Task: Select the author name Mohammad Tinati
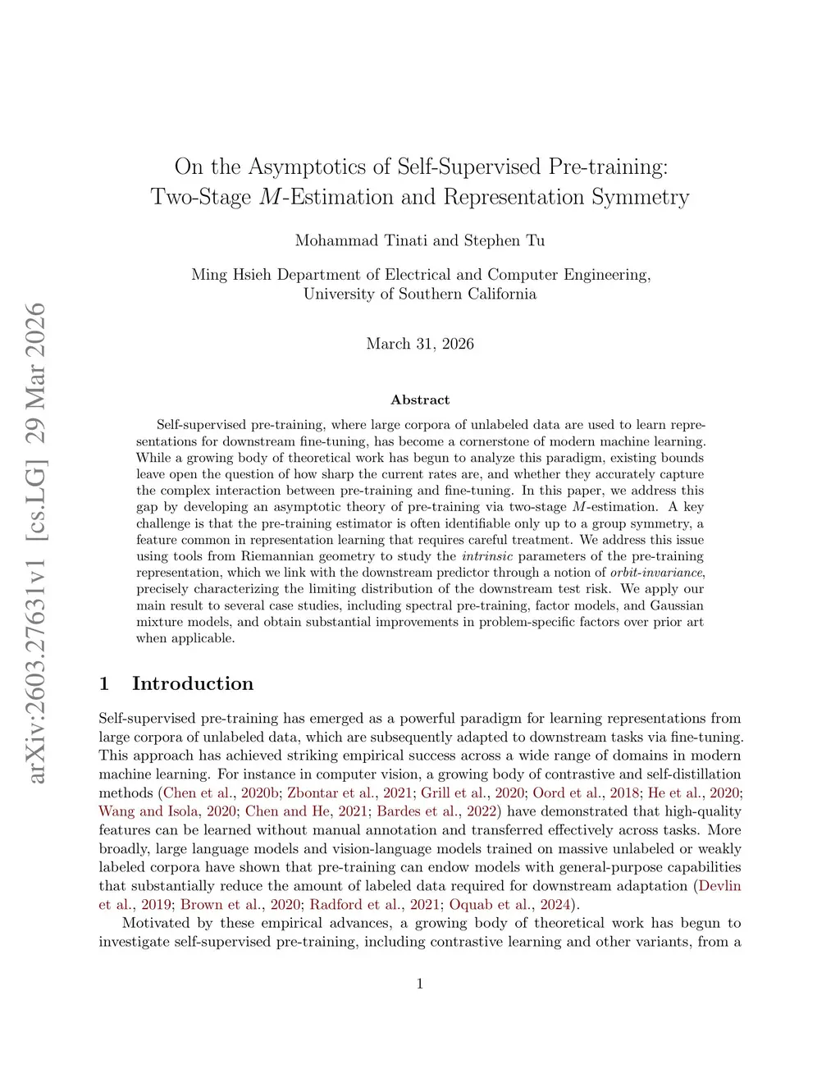361,240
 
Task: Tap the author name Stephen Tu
504,240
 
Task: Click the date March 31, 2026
420,344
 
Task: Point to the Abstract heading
420,400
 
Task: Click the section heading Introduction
193,684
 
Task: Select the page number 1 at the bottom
420,984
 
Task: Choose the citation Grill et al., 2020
472,792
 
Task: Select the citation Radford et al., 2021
374,905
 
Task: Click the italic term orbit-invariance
657,573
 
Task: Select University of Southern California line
420,294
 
